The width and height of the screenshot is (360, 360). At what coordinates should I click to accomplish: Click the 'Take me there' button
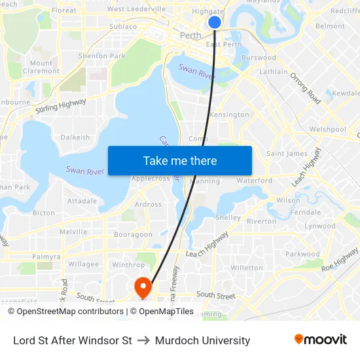(180, 160)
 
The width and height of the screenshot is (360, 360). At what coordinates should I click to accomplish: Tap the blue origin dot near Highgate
(215, 22)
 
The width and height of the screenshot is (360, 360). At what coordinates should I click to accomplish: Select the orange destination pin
(143, 287)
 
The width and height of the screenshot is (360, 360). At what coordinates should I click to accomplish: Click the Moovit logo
(321, 340)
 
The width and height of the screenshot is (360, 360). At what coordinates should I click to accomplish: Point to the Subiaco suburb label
(123, 27)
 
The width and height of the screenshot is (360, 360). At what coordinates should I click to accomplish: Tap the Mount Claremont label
(41, 67)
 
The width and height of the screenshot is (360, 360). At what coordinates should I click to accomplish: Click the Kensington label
(229, 115)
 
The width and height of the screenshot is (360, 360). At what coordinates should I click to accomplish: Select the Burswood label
(259, 58)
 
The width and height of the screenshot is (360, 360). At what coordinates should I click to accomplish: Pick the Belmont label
(330, 26)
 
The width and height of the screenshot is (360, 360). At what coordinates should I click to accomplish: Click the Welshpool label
(328, 130)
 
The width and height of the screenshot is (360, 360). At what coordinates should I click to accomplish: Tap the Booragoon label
(133, 234)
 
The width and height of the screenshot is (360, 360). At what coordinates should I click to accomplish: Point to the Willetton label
(247, 268)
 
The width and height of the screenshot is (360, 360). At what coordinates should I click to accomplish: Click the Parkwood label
(302, 254)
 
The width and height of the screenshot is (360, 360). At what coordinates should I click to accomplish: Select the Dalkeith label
(75, 137)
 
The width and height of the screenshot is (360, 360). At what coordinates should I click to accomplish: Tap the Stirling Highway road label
(61, 105)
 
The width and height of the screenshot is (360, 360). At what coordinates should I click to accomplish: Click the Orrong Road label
(305, 88)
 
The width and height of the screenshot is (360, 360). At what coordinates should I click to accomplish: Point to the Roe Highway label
(340, 260)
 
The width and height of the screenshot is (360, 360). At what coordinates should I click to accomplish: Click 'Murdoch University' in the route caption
(202, 340)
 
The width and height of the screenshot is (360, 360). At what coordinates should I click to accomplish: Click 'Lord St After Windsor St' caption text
(73, 340)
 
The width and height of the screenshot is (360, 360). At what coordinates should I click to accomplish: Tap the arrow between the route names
(143, 340)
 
